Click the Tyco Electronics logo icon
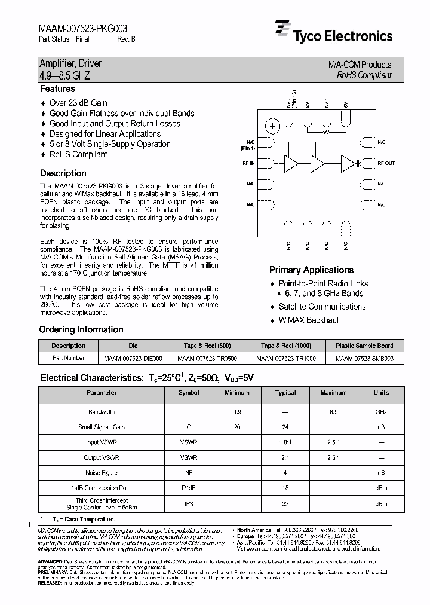(282, 31)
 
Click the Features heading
(57, 89)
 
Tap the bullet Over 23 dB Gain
(78, 103)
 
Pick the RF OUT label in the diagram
(386, 163)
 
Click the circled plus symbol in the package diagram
(272, 126)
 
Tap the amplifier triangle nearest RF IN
(291, 163)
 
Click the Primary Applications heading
(311, 270)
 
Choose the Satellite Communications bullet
(322, 307)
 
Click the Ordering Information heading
(81, 329)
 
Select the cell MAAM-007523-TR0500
(207, 358)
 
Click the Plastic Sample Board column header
(364, 346)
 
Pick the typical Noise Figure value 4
(285, 473)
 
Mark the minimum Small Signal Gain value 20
(236, 427)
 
